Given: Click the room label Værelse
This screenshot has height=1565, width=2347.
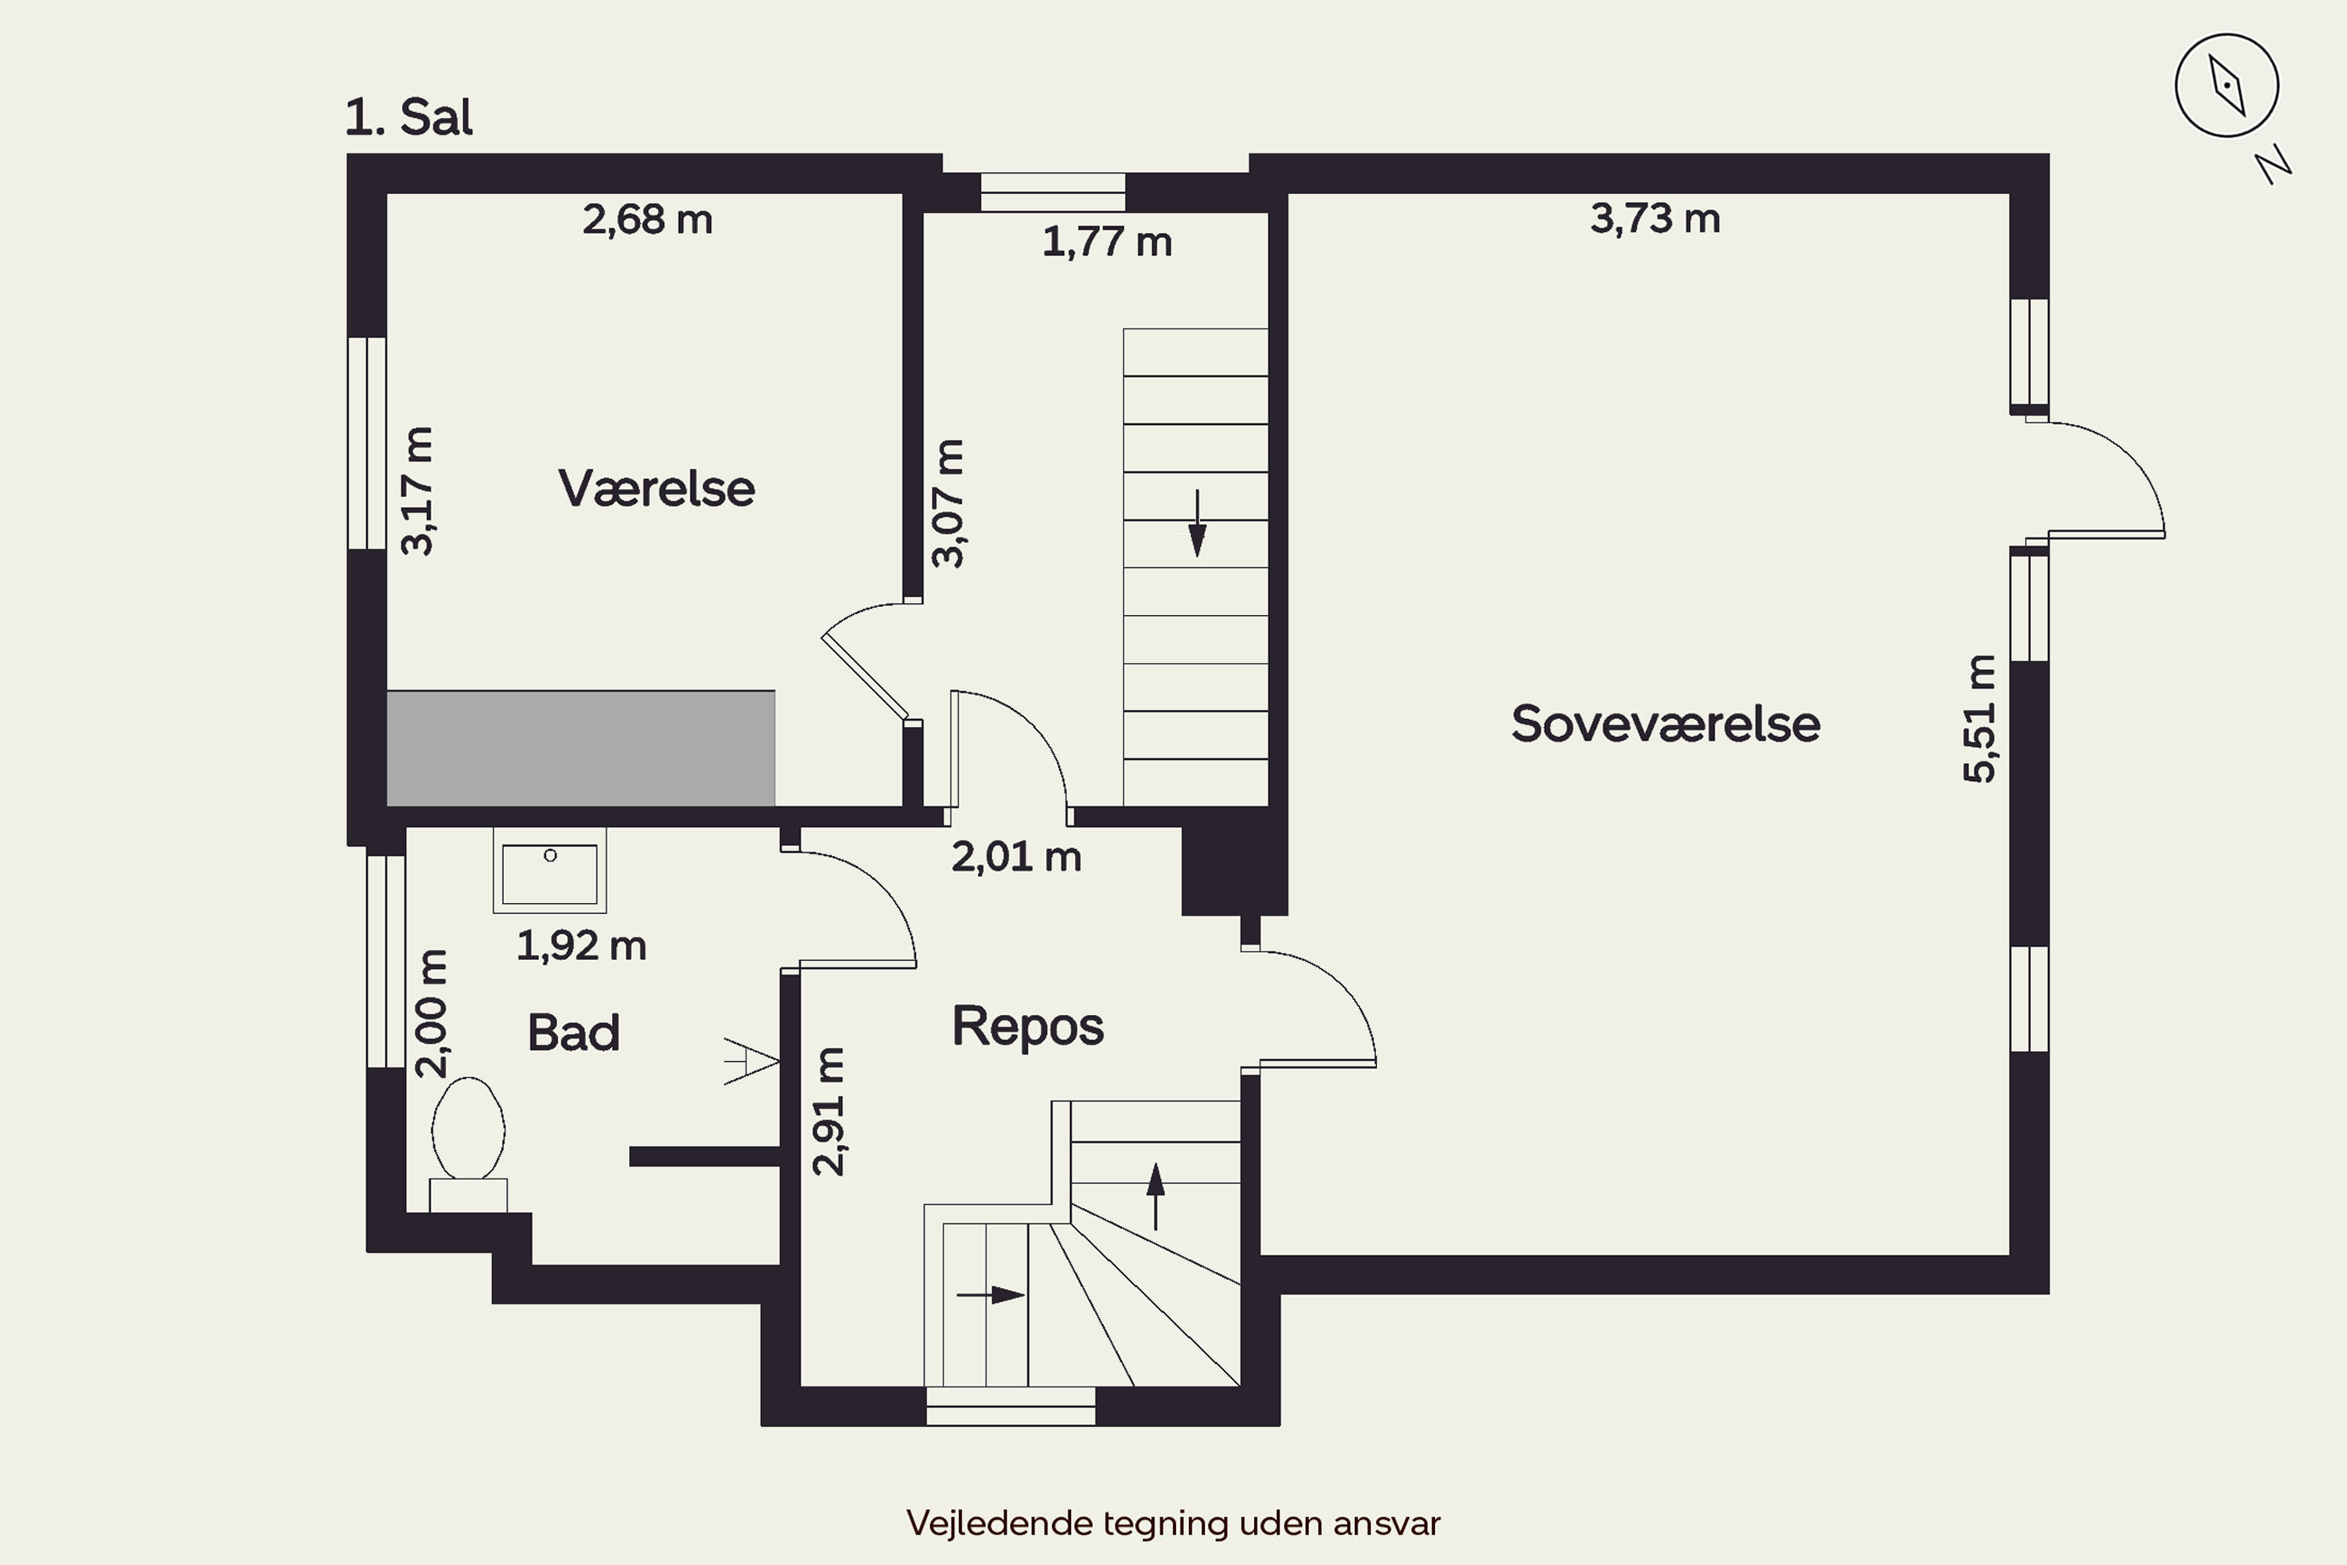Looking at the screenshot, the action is pos(656,489).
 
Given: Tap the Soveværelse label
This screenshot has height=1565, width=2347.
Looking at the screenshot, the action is pos(1666,724).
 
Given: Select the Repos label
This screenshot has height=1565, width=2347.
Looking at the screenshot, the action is pos(1028,1027).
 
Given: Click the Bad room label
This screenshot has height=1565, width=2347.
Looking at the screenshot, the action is pos(573,1032).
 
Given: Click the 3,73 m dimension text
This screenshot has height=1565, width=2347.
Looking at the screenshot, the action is pos(1655,218).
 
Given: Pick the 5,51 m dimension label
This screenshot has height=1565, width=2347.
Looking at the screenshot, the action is pos(1980,718).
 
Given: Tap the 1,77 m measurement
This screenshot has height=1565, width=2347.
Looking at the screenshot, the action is pos(1107,243).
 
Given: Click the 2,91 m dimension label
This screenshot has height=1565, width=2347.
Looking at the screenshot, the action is pos(829,1111).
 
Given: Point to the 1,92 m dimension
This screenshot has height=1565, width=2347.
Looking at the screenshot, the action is pos(580,946).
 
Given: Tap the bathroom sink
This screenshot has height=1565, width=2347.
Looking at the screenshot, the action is pos(550,870).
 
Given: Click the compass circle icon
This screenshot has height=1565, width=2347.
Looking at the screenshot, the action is pos(2227,85).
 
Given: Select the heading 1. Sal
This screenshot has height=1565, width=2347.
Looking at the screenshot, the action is pos(409,117).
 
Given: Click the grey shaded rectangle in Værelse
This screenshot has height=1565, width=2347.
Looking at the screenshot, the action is pos(580,747).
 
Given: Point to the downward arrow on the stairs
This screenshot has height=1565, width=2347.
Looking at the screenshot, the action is pos(1196,523).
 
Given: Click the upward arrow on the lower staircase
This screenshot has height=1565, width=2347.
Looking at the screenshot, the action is pos(1156,1196).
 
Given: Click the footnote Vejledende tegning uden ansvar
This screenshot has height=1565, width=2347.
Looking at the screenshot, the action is pos(1173,1523).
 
